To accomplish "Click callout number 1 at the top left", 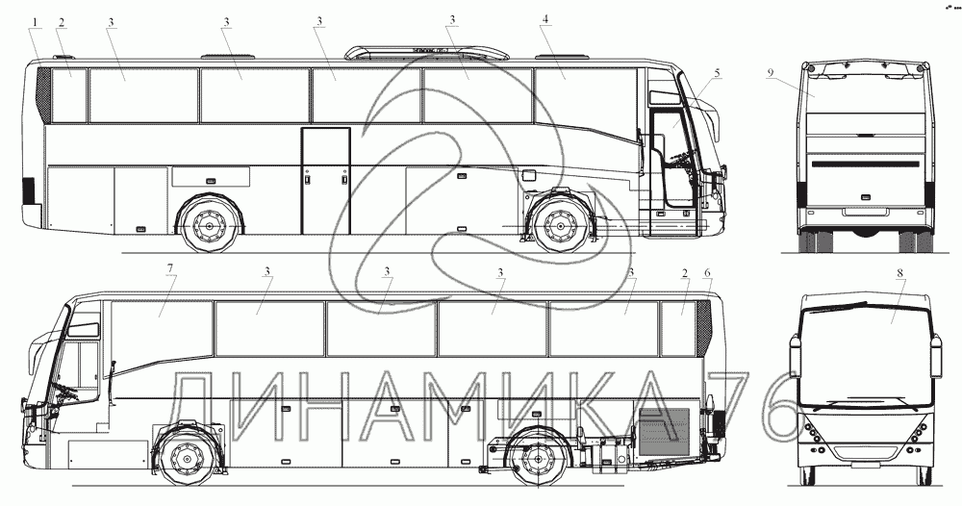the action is pyautogui.click(x=36, y=21).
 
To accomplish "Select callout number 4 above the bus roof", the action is pyautogui.click(x=544, y=20).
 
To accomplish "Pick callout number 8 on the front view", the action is pyautogui.click(x=899, y=274).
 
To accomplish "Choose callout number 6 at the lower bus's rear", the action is pyautogui.click(x=707, y=273).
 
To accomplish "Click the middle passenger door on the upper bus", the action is pyautogui.click(x=325, y=180).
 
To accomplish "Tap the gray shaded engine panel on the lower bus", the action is pyautogui.click(x=664, y=430).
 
